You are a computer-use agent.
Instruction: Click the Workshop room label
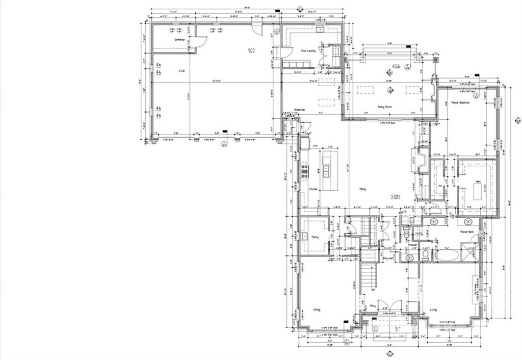point(179,39)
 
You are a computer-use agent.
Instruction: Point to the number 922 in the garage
point(252,50)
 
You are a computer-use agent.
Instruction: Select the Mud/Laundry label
point(308,50)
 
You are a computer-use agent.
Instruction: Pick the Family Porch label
point(384,107)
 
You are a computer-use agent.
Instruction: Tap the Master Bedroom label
point(460,102)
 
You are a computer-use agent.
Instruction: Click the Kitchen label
point(314,189)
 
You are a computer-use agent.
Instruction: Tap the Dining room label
point(317,310)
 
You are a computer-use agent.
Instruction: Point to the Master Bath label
point(467,232)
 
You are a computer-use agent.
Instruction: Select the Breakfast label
point(299,110)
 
